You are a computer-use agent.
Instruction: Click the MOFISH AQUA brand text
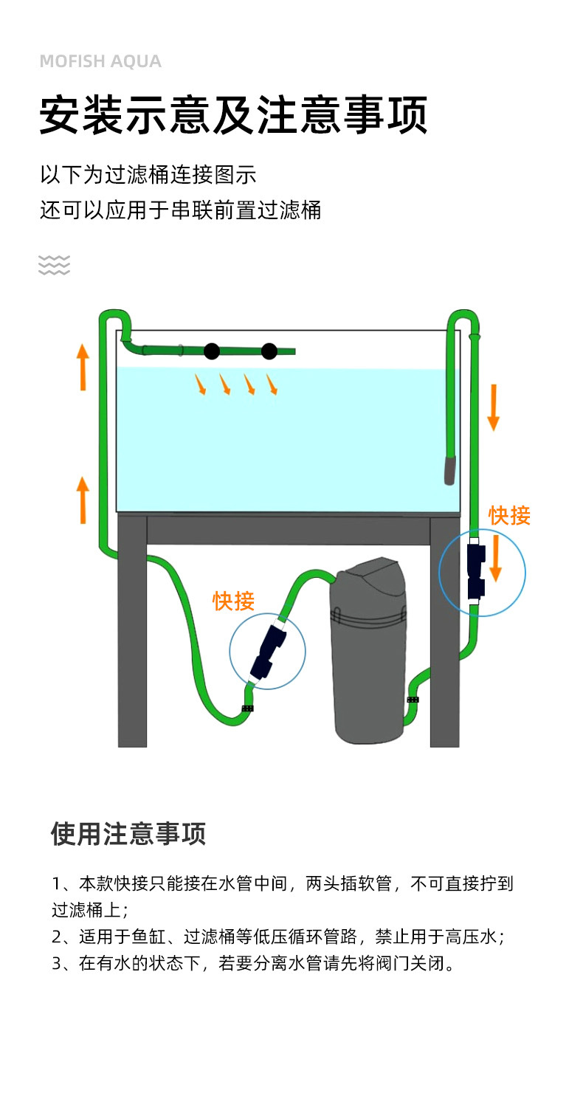coord(100,61)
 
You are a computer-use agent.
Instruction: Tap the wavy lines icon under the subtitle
coord(54,264)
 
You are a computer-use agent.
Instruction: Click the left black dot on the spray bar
coord(212,351)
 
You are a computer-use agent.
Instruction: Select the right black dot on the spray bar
coord(269,351)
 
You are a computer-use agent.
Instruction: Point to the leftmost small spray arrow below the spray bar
coord(200,384)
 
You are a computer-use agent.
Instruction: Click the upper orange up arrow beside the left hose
coord(83,366)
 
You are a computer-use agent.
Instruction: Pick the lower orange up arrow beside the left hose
coord(83,500)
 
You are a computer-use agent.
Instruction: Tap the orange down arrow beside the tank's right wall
coord(494,407)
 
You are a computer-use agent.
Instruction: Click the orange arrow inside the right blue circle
coord(496,559)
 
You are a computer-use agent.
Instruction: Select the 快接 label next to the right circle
coord(509,516)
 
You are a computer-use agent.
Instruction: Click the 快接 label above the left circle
coord(233,601)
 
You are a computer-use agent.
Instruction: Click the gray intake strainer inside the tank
coord(450,469)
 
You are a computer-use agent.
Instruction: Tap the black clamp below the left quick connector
coord(248,708)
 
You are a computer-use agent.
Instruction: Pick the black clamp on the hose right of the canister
coord(413,699)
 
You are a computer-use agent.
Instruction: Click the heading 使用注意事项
coord(128,834)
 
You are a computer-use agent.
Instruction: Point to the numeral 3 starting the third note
coord(57,964)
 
